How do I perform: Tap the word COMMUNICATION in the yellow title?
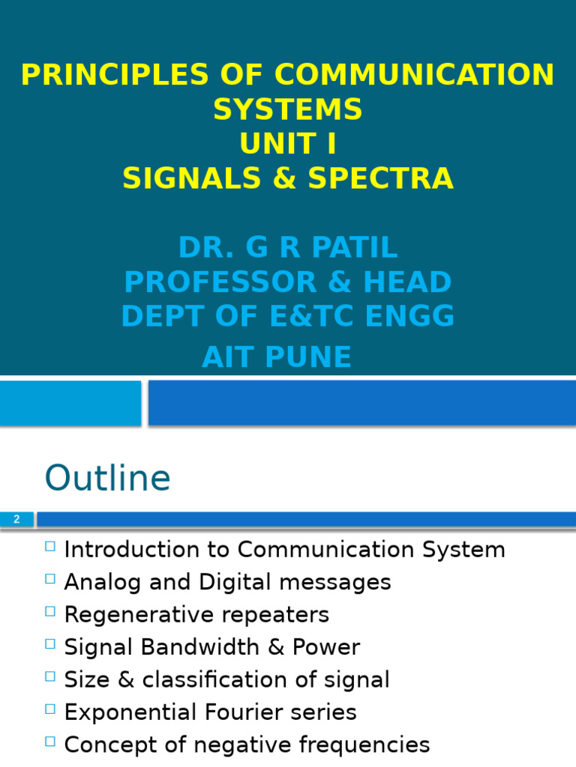(x=414, y=75)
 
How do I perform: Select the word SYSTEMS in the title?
(x=288, y=110)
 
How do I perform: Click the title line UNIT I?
(x=288, y=145)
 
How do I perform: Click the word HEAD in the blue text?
(x=409, y=282)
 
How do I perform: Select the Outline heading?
(x=107, y=478)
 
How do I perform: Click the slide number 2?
(x=16, y=519)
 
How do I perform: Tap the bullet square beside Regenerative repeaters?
(x=50, y=611)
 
